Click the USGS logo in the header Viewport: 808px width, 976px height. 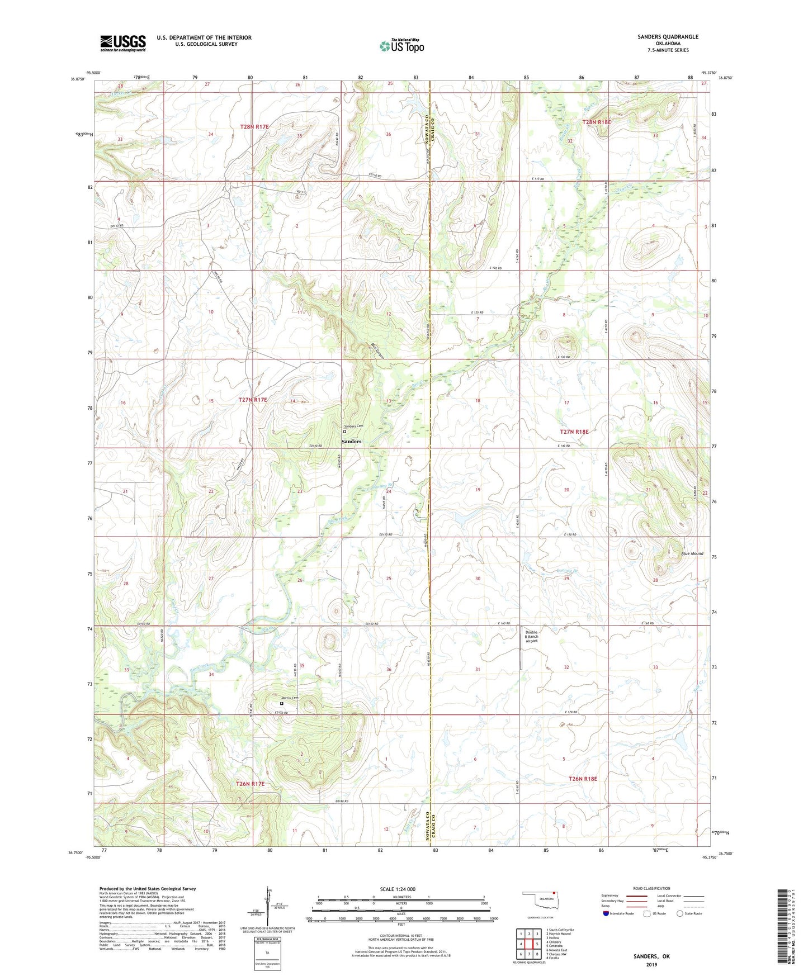click(123, 42)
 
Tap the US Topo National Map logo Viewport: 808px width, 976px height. click(401, 46)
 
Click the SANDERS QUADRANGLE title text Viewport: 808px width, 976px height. click(668, 37)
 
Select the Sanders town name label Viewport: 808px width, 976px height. click(352, 442)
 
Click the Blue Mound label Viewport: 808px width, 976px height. click(692, 553)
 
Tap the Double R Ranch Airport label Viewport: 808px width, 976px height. click(531, 637)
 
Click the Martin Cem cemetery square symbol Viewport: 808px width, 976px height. click(282, 704)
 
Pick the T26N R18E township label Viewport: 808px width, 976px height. click(583, 779)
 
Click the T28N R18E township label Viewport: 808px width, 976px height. click(597, 122)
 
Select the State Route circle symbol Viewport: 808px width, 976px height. click(679, 913)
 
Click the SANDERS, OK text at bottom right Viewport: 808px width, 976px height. click(651, 956)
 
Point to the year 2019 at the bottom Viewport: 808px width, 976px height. click(651, 965)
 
